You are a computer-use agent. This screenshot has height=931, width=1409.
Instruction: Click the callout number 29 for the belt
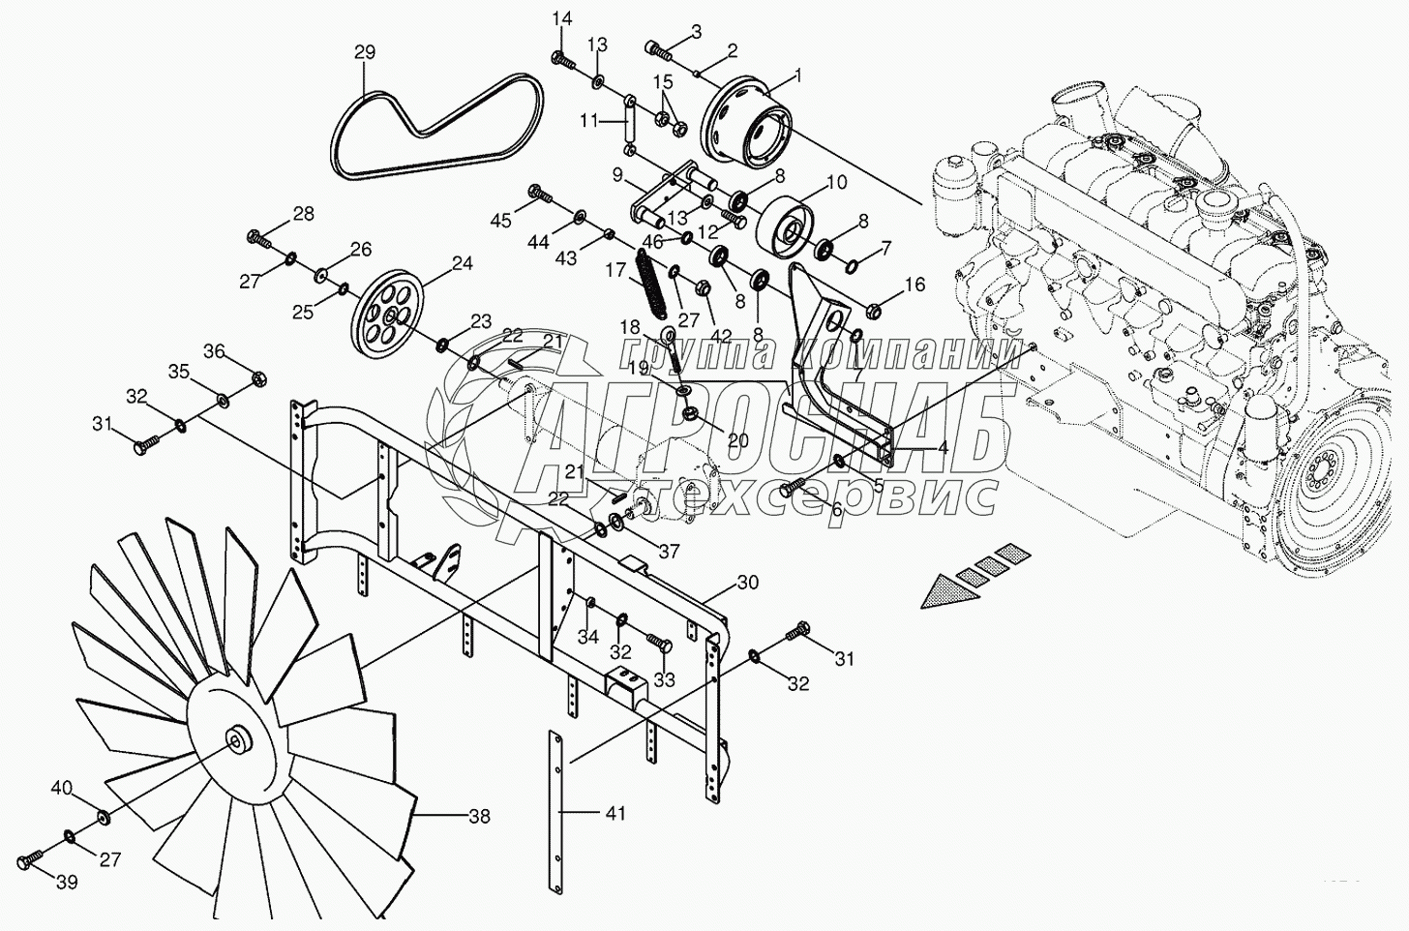point(364,52)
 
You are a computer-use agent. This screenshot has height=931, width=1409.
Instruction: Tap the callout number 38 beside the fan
point(479,817)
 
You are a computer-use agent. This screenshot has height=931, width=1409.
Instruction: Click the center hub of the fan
point(235,740)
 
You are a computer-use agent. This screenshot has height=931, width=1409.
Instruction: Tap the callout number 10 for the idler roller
point(837,181)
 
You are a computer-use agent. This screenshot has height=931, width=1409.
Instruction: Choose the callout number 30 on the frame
point(748,583)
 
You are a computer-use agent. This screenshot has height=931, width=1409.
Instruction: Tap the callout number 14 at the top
point(561,19)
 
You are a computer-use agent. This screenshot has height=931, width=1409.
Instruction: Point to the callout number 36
point(213,351)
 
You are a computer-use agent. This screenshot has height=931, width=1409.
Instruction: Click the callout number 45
point(500,221)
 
